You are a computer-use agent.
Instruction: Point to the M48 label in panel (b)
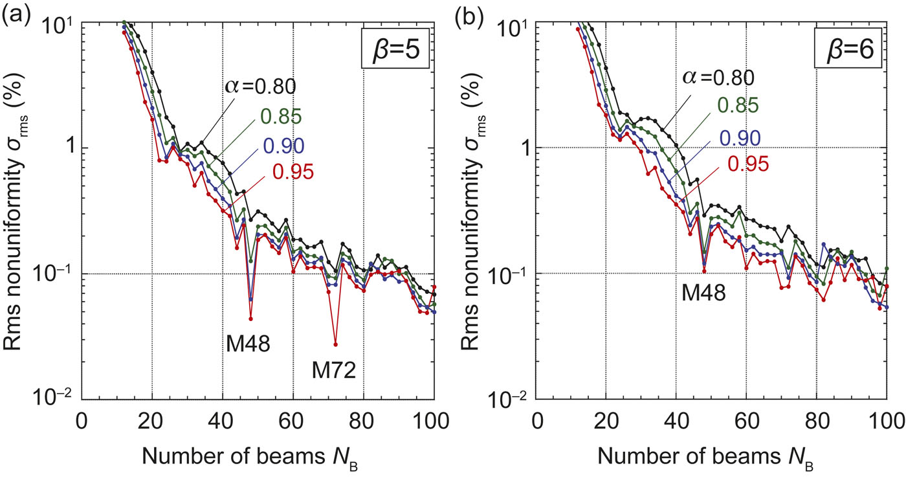click(x=703, y=295)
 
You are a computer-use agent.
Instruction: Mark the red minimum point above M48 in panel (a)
click(x=250, y=318)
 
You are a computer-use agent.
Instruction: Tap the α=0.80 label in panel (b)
click(x=718, y=78)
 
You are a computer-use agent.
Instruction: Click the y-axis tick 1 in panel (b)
click(x=522, y=148)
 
